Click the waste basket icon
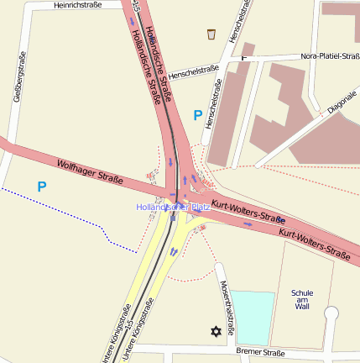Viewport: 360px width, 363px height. [x=211, y=34]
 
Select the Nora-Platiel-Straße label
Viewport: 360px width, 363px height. [x=329, y=57]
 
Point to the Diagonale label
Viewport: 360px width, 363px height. [x=342, y=102]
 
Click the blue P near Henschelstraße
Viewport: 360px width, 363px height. [x=198, y=115]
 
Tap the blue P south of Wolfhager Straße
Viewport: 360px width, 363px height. [x=41, y=185]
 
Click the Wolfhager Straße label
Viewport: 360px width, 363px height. [x=91, y=171]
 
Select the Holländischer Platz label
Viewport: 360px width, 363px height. [x=173, y=207]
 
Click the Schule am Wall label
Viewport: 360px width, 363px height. [x=302, y=299]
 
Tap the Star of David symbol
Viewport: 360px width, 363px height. [x=215, y=332]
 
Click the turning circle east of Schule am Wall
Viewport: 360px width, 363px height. [x=331, y=313]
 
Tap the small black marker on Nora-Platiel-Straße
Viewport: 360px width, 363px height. [x=244, y=57]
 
